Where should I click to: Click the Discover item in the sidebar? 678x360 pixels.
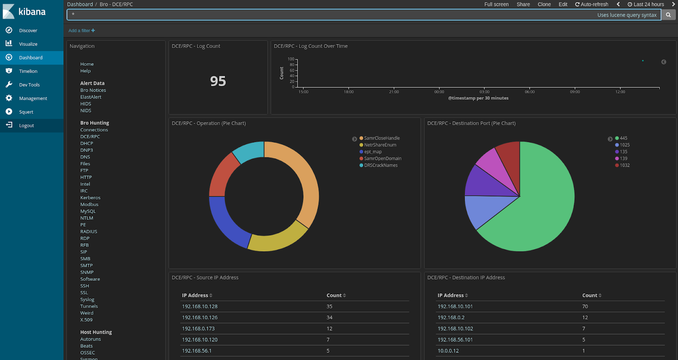pyautogui.click(x=28, y=31)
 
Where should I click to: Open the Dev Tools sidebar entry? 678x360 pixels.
pyautogui.click(x=29, y=85)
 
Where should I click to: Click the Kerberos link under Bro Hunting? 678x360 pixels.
pyautogui.click(x=90, y=198)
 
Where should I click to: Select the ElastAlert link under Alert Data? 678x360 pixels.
pyautogui.click(x=91, y=97)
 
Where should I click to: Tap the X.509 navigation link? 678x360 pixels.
pyautogui.click(x=86, y=320)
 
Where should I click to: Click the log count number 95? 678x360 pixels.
pyautogui.click(x=218, y=81)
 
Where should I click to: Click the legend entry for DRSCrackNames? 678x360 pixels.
pyautogui.click(x=381, y=165)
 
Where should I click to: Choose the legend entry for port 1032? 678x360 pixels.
pyautogui.click(x=624, y=165)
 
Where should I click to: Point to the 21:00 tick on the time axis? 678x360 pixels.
pyautogui.click(x=394, y=92)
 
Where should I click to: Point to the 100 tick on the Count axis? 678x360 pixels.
pyautogui.click(x=291, y=59)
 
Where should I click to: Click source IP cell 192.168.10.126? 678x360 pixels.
pyautogui.click(x=200, y=318)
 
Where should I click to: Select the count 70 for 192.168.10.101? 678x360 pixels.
pyautogui.click(x=585, y=307)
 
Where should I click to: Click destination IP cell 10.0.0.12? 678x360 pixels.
pyautogui.click(x=448, y=351)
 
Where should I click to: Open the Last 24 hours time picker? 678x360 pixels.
pyautogui.click(x=646, y=4)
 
